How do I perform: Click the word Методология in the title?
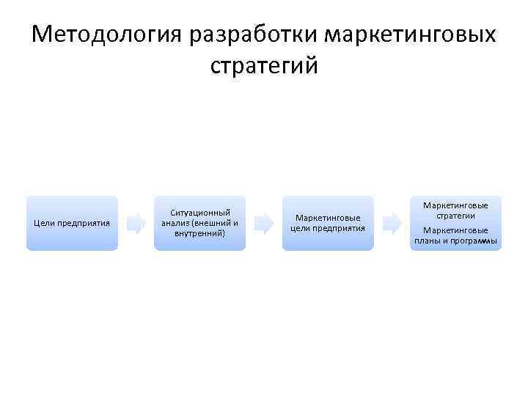(x=108, y=35)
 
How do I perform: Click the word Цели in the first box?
(x=44, y=223)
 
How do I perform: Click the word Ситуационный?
(x=199, y=213)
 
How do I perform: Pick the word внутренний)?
(x=199, y=233)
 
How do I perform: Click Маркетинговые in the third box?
(x=328, y=218)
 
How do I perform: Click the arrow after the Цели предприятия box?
(x=136, y=223)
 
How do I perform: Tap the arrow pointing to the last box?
(x=392, y=223)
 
